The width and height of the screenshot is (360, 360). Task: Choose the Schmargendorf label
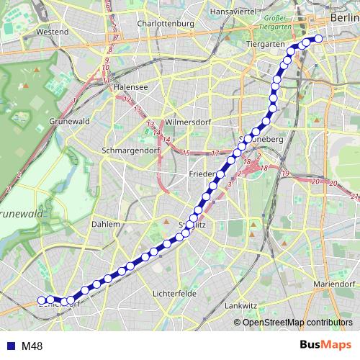pyautogui.click(x=130, y=151)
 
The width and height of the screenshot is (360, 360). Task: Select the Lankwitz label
pyautogui.click(x=240, y=305)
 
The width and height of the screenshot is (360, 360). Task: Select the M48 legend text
pyautogui.click(x=32, y=346)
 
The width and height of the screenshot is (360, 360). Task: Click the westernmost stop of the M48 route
pyautogui.click(x=42, y=300)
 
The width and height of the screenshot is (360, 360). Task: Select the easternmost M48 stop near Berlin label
pyautogui.click(x=319, y=39)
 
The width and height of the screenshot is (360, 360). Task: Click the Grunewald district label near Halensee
pyautogui.click(x=70, y=122)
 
